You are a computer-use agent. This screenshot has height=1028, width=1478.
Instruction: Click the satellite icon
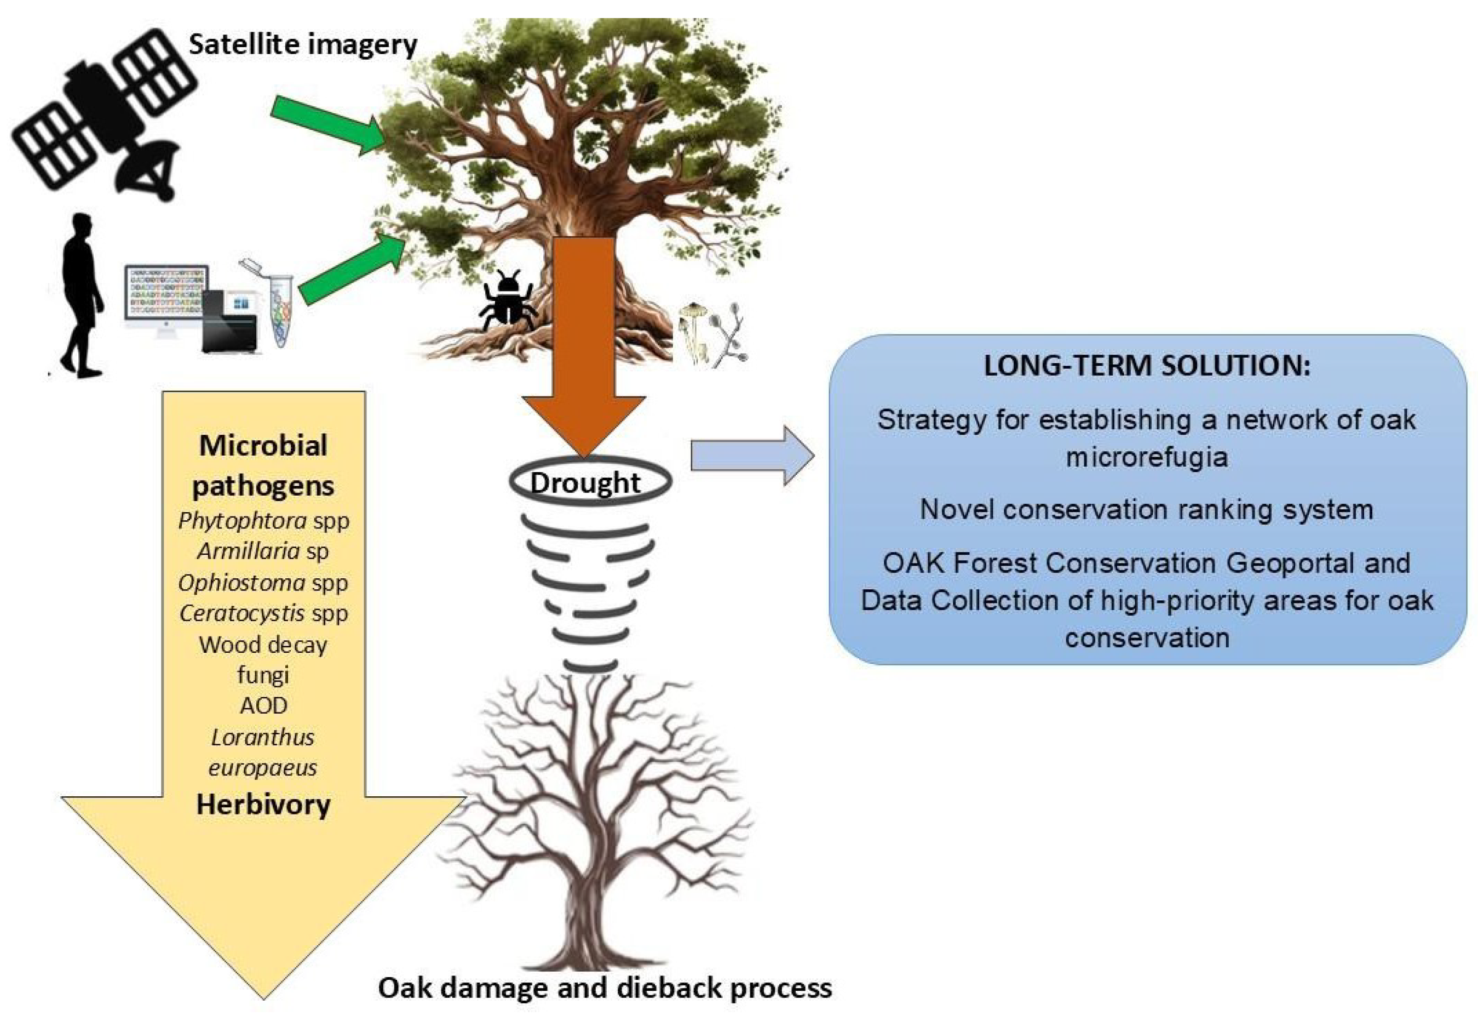[103, 116]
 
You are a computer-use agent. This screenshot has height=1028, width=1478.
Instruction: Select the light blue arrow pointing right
[752, 456]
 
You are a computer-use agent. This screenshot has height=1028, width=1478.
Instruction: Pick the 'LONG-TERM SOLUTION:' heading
[1147, 366]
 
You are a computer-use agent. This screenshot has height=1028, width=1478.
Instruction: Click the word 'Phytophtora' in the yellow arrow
[243, 520]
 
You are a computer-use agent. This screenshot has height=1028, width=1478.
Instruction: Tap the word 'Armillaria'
[249, 551]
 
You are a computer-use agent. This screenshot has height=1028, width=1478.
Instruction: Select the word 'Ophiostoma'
[241, 583]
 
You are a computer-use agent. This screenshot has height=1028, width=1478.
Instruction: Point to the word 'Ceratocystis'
[242, 613]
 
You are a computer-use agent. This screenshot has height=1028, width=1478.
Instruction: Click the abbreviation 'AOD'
[263, 705]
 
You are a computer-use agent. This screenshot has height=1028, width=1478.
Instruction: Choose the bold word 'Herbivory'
[263, 805]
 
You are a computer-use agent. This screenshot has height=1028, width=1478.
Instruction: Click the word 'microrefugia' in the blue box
[1147, 457]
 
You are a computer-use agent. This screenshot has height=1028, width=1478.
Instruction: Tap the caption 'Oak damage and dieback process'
[605, 988]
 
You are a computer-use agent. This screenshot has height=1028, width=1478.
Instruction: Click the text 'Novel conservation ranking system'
[1147, 510]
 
